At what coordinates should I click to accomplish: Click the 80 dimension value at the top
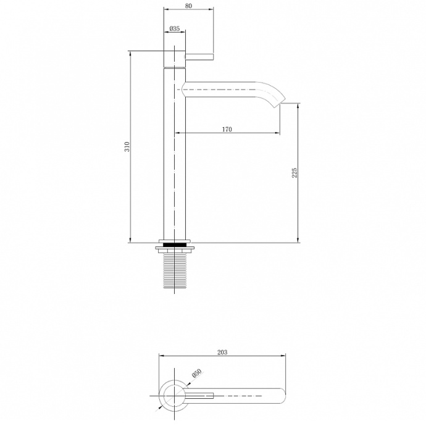(188, 6)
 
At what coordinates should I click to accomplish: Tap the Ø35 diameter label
(175, 28)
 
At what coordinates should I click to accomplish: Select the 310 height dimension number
(127, 147)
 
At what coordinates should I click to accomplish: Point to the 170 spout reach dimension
(227, 129)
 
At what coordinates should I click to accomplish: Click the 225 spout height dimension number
(294, 172)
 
